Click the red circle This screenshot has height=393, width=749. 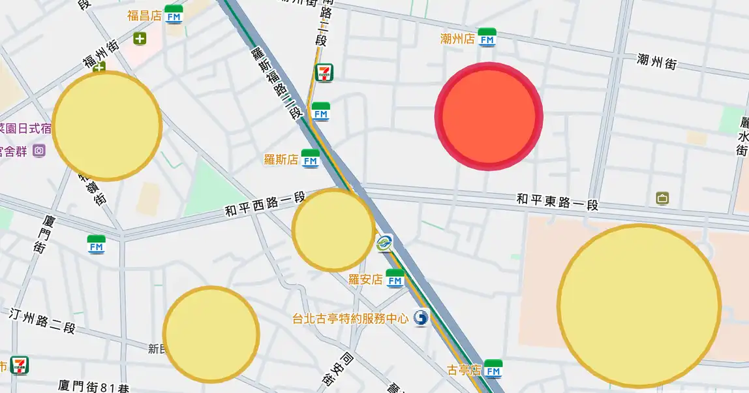[x=489, y=116]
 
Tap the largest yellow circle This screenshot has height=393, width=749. [x=639, y=306]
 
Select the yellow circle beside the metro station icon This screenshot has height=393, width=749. [x=333, y=230]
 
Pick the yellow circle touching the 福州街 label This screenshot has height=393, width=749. [x=106, y=125]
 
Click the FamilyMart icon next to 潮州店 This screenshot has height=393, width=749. [x=487, y=38]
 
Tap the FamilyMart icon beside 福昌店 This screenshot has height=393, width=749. [x=174, y=14]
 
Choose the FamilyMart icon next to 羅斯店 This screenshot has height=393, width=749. [x=311, y=159]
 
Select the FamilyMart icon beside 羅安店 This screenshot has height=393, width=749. [x=395, y=279]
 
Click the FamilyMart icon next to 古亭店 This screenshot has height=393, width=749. [x=493, y=369]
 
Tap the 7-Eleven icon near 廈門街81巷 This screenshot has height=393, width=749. [x=20, y=366]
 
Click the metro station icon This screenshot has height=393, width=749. [x=384, y=244]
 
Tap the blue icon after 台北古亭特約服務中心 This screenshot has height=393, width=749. [x=421, y=318]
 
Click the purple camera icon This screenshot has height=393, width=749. [x=39, y=151]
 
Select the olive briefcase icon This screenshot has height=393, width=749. [x=662, y=198]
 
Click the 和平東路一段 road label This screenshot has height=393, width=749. [x=557, y=201]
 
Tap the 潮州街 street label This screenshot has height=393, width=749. [x=656, y=62]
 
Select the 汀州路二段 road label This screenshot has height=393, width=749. [x=43, y=320]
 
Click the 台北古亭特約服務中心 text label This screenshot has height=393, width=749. [x=350, y=319]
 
